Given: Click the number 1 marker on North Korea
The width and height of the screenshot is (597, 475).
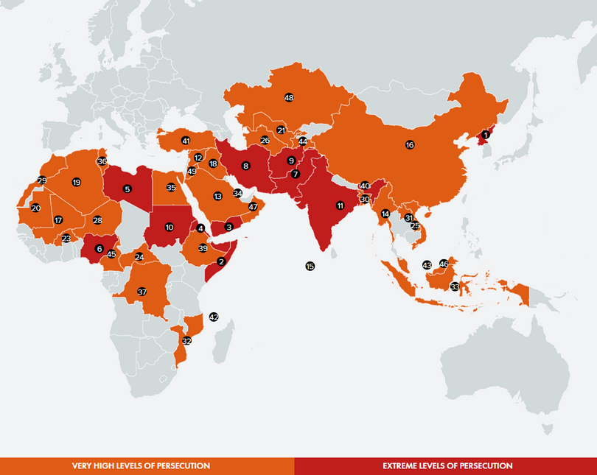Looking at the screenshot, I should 485,135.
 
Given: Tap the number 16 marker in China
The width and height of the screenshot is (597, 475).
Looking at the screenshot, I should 410,145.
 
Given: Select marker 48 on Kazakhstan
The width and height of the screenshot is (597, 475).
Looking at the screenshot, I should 289,98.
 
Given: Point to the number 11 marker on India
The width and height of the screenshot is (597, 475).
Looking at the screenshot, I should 340,205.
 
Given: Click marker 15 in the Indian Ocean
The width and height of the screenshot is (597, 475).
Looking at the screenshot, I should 310,266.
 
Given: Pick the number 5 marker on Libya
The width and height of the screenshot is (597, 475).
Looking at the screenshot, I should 128,189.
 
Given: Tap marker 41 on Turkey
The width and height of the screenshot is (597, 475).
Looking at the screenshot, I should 186,141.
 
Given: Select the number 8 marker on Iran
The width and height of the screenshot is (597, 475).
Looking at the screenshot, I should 245,166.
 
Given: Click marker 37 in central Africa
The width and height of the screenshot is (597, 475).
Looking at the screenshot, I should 142,292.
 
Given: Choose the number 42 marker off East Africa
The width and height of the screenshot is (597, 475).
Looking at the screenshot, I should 214,316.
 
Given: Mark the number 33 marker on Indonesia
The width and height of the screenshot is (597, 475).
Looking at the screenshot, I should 455,286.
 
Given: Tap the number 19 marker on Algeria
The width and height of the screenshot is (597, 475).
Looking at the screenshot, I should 76,182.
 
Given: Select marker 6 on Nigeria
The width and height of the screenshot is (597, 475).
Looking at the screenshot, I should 99,248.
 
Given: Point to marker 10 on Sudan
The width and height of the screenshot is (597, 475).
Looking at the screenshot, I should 170,227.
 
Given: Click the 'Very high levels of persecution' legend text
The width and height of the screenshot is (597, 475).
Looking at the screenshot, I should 141,466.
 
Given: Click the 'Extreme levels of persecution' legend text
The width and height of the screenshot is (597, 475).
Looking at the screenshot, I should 447,466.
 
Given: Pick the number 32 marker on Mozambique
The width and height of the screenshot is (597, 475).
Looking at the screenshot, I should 187,341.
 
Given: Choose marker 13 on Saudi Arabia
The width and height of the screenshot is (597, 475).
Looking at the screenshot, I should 217,197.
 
